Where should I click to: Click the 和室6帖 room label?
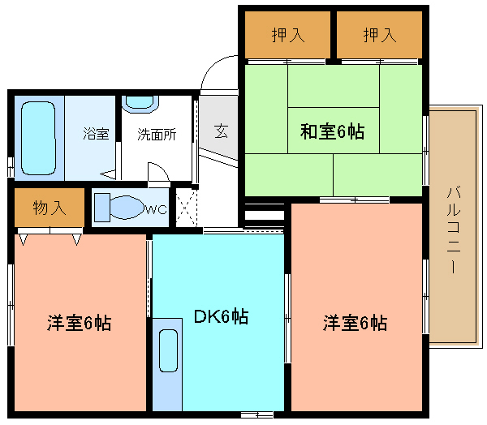pyautogui.click(x=332, y=131)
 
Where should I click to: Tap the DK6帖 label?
pyautogui.click(x=221, y=316)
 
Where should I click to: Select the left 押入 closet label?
pyautogui.click(x=288, y=35)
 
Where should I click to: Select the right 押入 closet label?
pyautogui.click(x=380, y=35)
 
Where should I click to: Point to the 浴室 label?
pyautogui.click(x=96, y=134)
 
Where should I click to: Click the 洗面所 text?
pyautogui.click(x=157, y=135)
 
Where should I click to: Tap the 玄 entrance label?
pyautogui.click(x=221, y=131)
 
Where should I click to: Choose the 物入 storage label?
pyautogui.click(x=50, y=208)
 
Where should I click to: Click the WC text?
pyautogui.click(x=156, y=210)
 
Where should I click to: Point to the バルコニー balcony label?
pyautogui.click(x=453, y=230)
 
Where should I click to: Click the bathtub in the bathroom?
pyautogui.click(x=38, y=138)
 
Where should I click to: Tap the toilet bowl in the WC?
pyautogui.click(x=127, y=207)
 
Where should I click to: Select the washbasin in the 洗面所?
pyautogui.click(x=140, y=103)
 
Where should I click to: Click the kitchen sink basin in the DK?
pyautogui.click(x=168, y=350)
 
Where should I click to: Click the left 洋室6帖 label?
pyautogui.click(x=79, y=323)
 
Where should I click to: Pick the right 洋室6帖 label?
pyautogui.click(x=355, y=323)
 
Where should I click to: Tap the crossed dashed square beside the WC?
pyautogui.click(x=186, y=208)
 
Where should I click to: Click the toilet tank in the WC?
pyautogui.click(x=102, y=208)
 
